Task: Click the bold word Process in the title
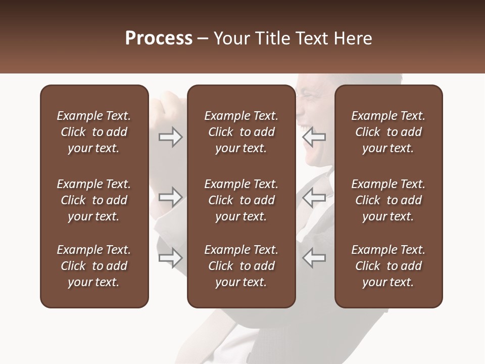tap(159, 38)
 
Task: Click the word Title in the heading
tap(273, 38)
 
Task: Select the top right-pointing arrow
tap(171, 137)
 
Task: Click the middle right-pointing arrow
tap(171, 197)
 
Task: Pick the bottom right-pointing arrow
tap(171, 257)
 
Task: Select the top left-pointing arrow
tap(314, 137)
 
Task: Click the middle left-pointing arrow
tap(314, 197)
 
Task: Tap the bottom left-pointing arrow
tap(314, 257)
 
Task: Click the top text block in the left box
tap(94, 132)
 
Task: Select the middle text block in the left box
tap(94, 200)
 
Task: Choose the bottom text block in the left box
tap(94, 266)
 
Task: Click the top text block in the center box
tap(241, 132)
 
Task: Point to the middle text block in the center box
tap(241, 200)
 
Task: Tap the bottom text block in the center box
tap(241, 266)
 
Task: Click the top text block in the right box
tap(388, 132)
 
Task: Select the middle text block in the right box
tap(388, 200)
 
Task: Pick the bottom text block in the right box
tap(388, 266)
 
